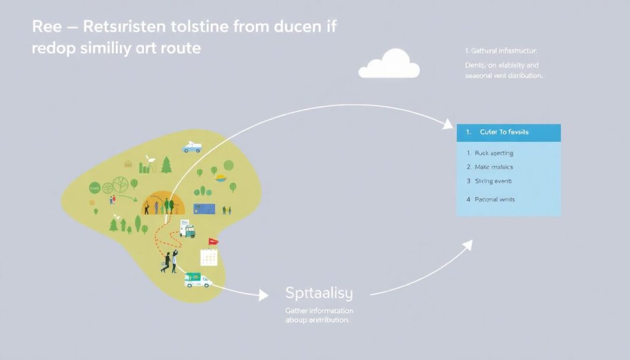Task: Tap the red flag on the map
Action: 213,242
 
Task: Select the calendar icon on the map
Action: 209,257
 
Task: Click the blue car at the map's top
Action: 191,147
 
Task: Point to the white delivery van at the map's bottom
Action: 197,280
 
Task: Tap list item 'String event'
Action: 493,181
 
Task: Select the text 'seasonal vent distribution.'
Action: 504,76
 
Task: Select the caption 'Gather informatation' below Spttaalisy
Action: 319,311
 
